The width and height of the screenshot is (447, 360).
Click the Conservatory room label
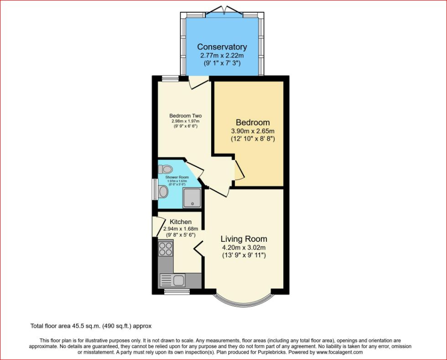coord(222,47)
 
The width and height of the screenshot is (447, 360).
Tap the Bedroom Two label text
coord(185,116)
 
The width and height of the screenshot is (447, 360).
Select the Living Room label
coord(244,239)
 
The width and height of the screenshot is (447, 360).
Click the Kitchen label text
coord(181,222)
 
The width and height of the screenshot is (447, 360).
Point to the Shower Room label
coord(177,177)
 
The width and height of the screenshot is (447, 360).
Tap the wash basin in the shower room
coord(163,192)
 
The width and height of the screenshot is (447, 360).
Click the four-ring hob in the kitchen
coord(165,249)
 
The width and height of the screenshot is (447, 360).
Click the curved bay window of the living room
coord(244,301)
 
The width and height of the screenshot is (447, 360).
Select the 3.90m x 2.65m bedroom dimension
coord(253,130)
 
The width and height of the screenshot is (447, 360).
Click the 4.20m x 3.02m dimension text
coord(244,248)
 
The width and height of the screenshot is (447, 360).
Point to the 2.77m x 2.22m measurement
coord(222,56)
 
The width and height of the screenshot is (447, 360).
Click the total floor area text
coord(90,326)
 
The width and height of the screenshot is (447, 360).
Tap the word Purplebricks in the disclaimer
coord(275,352)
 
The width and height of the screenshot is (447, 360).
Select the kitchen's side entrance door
coord(157,226)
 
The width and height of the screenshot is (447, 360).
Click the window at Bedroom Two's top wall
coord(170,78)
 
